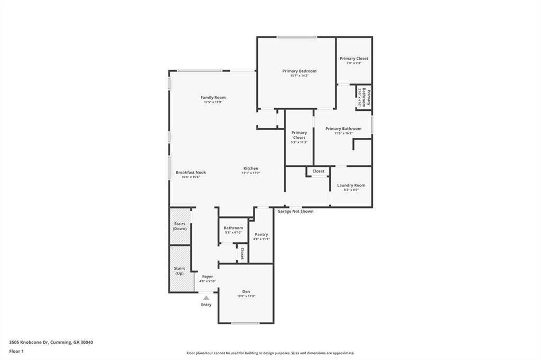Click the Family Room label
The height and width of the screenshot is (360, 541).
(x=213, y=98)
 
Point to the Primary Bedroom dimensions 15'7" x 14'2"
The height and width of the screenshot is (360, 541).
(x=299, y=76)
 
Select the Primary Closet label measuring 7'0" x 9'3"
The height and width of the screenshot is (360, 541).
(x=353, y=59)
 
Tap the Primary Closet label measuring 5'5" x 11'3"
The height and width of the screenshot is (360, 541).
(x=299, y=135)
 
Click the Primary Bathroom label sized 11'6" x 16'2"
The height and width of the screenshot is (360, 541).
(x=343, y=129)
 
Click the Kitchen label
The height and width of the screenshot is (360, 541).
(x=250, y=168)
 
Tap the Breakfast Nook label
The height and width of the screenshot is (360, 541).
(x=191, y=173)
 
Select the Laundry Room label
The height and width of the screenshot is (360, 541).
(x=351, y=185)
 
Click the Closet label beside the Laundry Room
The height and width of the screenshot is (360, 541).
(x=319, y=171)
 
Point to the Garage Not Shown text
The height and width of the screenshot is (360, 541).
(x=295, y=211)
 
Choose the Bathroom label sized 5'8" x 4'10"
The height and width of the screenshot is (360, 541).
(x=233, y=228)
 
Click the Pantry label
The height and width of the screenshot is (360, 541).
(x=262, y=234)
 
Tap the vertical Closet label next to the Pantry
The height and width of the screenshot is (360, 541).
(x=242, y=253)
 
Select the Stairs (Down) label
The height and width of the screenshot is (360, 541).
(x=180, y=226)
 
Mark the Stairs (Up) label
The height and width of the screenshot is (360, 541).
(x=180, y=271)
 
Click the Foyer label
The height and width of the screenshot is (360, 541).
(x=208, y=277)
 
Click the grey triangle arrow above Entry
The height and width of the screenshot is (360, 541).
(x=206, y=298)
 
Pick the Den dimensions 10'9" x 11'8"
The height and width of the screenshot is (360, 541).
(x=246, y=296)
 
